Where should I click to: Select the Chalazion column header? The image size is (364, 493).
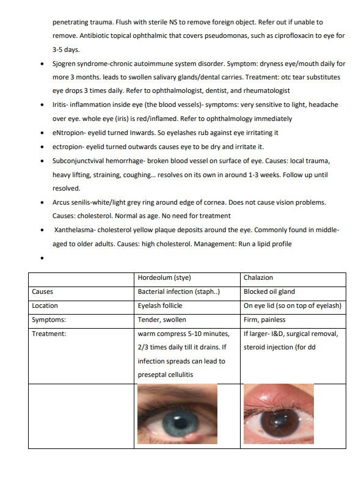point(258,278)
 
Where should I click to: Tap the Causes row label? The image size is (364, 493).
point(42,291)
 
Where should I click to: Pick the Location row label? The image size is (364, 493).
point(45,305)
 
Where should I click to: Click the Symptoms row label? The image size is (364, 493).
point(48,320)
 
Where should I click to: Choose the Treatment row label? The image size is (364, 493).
point(49,334)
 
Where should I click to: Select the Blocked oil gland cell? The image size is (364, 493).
point(270,291)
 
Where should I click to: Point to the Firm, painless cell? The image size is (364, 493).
point(264,320)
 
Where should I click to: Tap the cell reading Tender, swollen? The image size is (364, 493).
point(162,320)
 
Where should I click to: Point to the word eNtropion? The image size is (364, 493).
point(69,133)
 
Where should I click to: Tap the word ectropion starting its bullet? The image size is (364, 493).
point(68,147)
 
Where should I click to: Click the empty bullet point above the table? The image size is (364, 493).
point(41,258)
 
